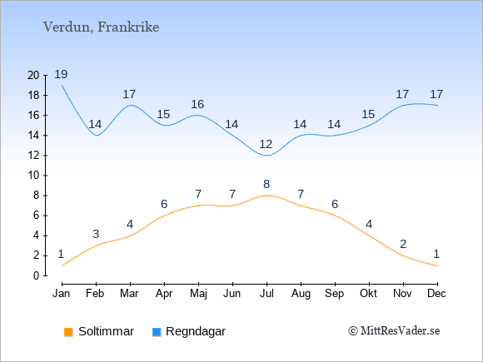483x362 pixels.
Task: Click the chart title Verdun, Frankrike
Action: pos(101,27)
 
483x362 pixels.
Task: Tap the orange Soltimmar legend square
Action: pos(68,332)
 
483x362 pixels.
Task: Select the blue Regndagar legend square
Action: pos(157,332)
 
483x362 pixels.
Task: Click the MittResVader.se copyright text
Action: pos(394,331)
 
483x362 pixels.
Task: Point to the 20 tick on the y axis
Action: pos(33,75)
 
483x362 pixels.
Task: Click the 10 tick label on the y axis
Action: pos(33,176)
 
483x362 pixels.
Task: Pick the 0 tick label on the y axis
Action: pos(37,275)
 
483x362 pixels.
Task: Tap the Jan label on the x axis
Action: pos(62,294)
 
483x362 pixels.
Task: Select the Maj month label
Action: pos(198,294)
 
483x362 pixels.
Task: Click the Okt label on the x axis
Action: pos(368,294)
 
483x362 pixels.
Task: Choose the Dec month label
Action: pos(436,294)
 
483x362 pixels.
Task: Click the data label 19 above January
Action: pos(61,74)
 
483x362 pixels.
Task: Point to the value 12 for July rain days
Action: pos(266,144)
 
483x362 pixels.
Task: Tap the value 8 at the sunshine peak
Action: pos(266,184)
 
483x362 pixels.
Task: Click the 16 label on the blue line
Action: pos(197,104)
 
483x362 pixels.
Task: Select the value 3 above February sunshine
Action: pos(96,234)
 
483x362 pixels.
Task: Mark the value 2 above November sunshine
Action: pos(403,244)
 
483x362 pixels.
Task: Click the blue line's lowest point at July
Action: pos(266,156)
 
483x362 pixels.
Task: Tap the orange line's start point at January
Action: pos(62,265)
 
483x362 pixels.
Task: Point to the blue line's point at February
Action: pos(97,136)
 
